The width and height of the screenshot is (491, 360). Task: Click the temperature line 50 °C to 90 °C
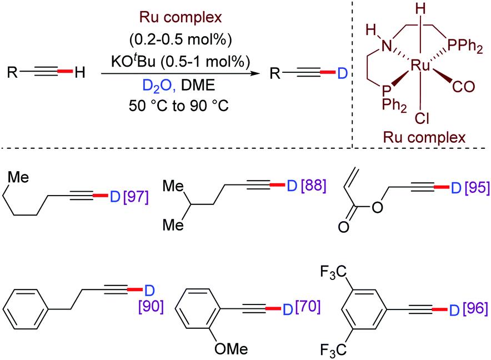[x=174, y=103]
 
